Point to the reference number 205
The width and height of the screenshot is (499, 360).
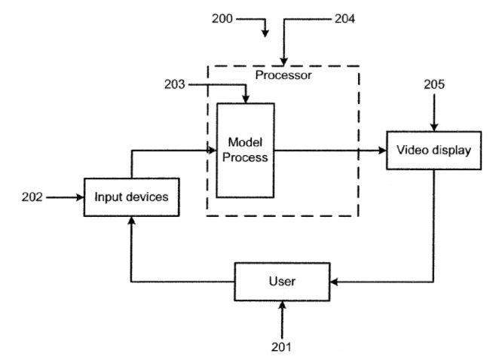click(x=434, y=85)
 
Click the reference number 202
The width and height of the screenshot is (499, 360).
click(x=33, y=197)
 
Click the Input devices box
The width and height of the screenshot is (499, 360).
click(x=132, y=197)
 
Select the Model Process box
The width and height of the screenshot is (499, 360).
click(x=245, y=150)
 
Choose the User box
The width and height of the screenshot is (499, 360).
click(x=282, y=282)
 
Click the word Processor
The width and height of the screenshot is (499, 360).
click(x=283, y=75)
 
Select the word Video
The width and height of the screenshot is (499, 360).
click(x=413, y=150)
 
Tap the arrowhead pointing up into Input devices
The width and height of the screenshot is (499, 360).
click(x=132, y=221)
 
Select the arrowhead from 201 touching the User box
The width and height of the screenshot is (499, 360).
click(x=282, y=305)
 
